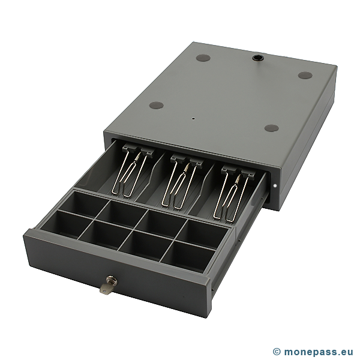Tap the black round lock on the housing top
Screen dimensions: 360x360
(x=257, y=58)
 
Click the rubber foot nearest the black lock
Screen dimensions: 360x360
(x=203, y=58)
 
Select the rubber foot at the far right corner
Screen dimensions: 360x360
(x=305, y=75)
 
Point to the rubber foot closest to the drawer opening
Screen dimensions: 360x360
(x=271, y=128)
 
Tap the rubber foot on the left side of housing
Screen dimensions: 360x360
(x=157, y=106)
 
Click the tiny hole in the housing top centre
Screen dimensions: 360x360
(x=194, y=119)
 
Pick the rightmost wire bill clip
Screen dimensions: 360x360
(x=230, y=196)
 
